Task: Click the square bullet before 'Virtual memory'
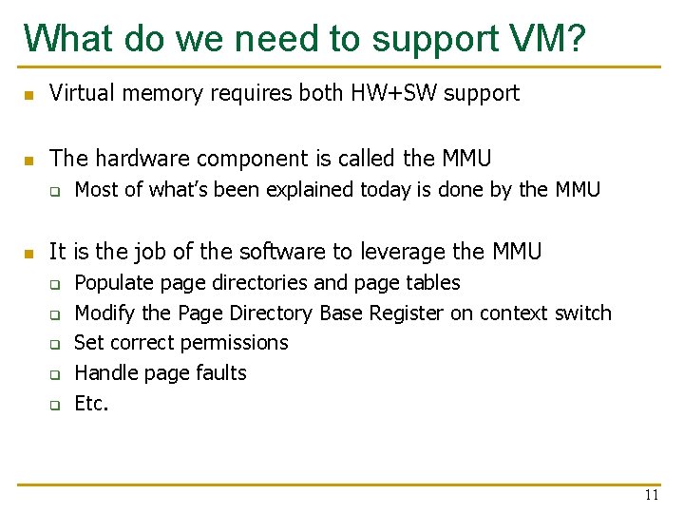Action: click(29, 95)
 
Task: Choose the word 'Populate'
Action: click(114, 283)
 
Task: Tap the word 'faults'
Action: click(221, 373)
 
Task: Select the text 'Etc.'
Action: click(91, 404)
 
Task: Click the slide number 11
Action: click(651, 495)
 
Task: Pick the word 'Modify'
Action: click(104, 313)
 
